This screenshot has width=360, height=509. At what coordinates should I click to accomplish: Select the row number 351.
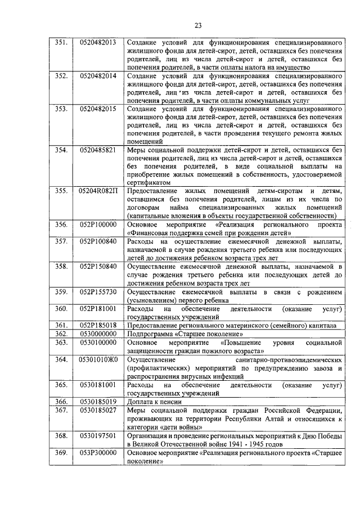(62, 43)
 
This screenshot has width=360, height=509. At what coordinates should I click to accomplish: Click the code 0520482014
(98, 75)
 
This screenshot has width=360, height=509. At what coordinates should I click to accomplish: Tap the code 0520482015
(98, 108)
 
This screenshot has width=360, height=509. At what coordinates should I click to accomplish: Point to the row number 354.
(62, 150)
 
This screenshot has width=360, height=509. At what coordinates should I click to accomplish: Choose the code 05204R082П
(98, 191)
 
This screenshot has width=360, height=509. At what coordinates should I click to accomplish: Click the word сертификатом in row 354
(148, 183)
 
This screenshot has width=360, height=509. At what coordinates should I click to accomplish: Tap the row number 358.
(62, 266)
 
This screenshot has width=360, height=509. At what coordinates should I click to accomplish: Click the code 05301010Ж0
(98, 358)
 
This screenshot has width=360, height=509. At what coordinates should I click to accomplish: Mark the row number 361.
(62, 325)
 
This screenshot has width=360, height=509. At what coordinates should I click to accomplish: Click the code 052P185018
(98, 325)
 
